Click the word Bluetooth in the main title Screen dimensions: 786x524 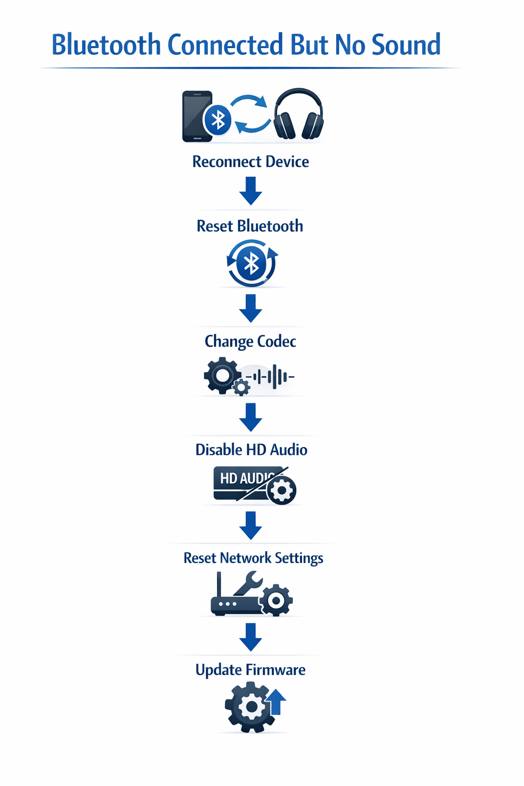[106, 45]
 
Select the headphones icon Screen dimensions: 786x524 [298, 115]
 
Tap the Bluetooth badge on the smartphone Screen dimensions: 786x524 [219, 120]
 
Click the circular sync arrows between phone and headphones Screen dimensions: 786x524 [250, 114]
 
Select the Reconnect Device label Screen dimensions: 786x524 [250, 162]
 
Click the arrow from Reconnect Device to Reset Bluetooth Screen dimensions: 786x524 [250, 190]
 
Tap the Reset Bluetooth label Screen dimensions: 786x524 [250, 226]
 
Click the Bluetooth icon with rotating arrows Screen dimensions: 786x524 [251, 264]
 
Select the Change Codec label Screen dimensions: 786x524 [250, 341]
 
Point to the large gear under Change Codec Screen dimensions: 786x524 [221, 376]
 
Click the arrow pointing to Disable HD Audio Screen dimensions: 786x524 [250, 417]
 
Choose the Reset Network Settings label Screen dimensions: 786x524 [253, 558]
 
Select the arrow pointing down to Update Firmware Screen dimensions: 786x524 [250, 637]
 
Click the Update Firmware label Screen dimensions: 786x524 [250, 670]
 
